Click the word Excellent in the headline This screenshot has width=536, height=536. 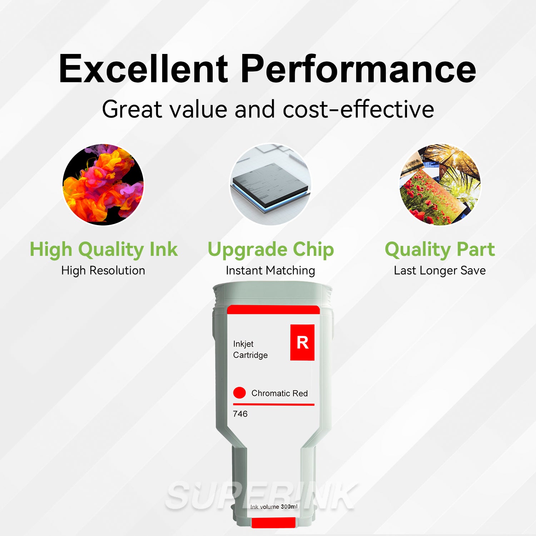tap(143, 69)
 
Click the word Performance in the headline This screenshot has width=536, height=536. tap(358, 69)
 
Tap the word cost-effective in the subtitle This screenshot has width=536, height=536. tap(358, 109)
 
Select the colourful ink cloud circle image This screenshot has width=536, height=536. tap(103, 184)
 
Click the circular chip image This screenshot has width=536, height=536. tap(271, 184)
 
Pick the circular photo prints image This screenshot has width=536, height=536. tap(440, 184)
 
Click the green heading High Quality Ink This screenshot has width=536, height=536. tap(103, 249)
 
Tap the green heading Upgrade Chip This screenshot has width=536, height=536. tap(271, 249)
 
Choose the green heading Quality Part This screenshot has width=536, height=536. tap(440, 249)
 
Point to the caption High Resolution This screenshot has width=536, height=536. tap(103, 271)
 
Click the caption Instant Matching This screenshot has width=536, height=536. tap(271, 271)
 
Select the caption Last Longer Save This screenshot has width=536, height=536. tap(440, 271)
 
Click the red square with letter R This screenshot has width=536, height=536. tap(302, 342)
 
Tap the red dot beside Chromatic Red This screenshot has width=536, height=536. tap(239, 393)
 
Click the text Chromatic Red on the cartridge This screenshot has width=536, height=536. tap(279, 393)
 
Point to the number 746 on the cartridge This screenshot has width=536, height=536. tap(240, 414)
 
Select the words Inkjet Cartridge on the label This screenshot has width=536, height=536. tap(250, 349)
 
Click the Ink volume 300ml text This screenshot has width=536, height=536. tap(274, 507)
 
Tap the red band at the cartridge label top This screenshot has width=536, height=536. tap(273, 310)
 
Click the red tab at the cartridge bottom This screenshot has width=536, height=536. tap(273, 522)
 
